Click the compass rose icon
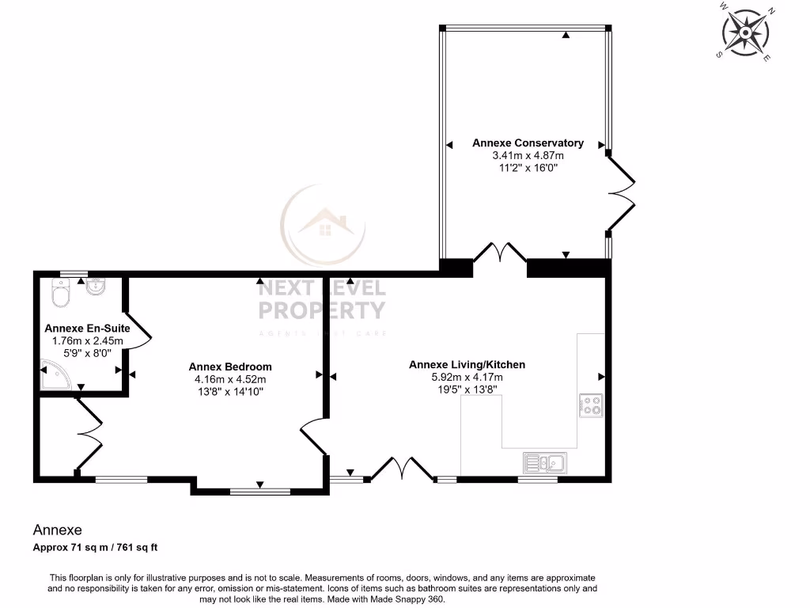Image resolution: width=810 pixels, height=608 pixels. pyautogui.click(x=746, y=32)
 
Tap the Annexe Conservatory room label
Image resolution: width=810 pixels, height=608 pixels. pyautogui.click(x=528, y=143)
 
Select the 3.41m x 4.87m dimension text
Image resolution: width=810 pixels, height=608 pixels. pyautogui.click(x=528, y=155)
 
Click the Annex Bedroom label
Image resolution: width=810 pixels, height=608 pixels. pyautogui.click(x=230, y=367)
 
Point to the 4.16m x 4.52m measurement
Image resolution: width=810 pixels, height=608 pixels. pyautogui.click(x=230, y=378)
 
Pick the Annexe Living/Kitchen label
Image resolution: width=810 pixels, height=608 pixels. pyautogui.click(x=467, y=365)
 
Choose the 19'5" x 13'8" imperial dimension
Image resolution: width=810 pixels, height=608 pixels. pyautogui.click(x=467, y=389)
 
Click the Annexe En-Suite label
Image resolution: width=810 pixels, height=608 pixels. pyautogui.click(x=87, y=329)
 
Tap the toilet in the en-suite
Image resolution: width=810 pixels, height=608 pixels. pyautogui.click(x=60, y=293)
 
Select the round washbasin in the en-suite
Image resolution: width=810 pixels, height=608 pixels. pyautogui.click(x=96, y=287)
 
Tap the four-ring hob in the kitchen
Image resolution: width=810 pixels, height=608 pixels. pyautogui.click(x=590, y=405)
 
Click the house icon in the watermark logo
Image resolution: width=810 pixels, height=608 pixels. pyautogui.click(x=324, y=226)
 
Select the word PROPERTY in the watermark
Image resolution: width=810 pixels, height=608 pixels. pyautogui.click(x=322, y=310)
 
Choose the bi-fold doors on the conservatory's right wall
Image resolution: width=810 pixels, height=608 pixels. pyautogui.click(x=621, y=194)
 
